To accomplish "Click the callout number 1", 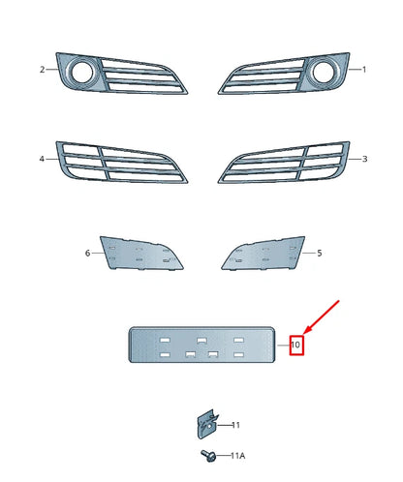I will point(364,70).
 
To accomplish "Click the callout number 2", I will point(43,70).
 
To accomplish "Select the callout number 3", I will point(364,158).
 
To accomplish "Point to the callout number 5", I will point(320,253).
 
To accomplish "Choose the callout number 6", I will point(87,253).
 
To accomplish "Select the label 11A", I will point(237,455).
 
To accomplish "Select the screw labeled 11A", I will point(208,455).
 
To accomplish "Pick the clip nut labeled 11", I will point(205,424).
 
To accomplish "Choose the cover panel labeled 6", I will point(141,255).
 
